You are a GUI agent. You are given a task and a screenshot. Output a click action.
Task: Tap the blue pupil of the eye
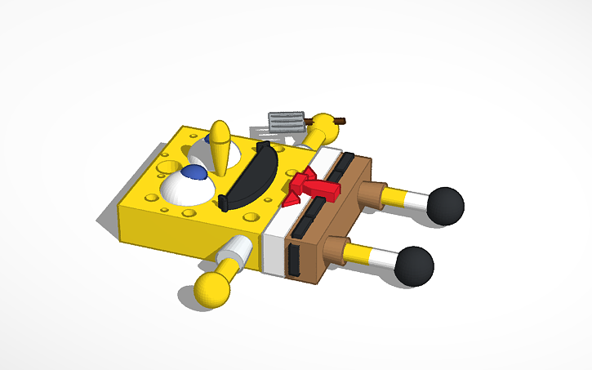click(194, 172)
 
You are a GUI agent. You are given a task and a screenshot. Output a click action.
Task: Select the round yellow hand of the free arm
click(212, 288)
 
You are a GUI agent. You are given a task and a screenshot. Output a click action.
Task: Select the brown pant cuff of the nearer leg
click(336, 250)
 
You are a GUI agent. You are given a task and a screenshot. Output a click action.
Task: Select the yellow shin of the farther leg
click(394, 198)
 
